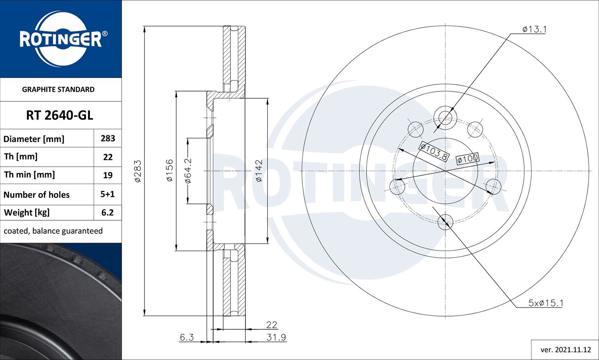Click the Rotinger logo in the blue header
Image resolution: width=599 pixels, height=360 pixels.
pos(61,39)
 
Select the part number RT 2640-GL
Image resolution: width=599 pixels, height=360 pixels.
pos(60,115)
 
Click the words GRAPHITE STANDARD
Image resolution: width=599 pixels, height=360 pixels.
pos(58,89)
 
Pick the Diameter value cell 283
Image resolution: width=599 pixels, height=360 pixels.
pos(108,138)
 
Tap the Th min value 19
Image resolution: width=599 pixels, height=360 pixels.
pos(108,175)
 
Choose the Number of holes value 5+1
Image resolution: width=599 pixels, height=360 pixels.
pos(107,194)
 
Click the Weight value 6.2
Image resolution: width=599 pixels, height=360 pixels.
pos(107,213)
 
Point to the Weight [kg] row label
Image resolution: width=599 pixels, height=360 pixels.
pos(27,213)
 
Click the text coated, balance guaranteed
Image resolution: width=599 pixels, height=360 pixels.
pos(53,231)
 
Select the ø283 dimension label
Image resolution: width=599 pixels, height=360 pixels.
pos(137,171)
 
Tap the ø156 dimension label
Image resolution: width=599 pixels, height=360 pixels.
pos(170,170)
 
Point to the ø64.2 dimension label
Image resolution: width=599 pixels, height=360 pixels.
pos(188,170)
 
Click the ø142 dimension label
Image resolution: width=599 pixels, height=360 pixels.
pos(259,171)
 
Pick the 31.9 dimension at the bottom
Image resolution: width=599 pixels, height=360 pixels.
pos(276,337)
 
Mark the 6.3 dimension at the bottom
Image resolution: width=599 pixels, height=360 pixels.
pos(186,337)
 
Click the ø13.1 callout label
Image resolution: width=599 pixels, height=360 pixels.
pos(534,29)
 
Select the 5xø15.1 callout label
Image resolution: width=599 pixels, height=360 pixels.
pos(545,303)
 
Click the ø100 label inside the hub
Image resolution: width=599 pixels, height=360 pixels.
pos(468,159)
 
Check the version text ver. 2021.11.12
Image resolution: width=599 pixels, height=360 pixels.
pos(565,350)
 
